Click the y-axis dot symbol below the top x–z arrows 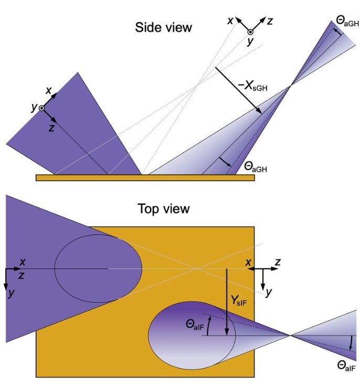pos(250,33)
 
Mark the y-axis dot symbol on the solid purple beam pos(41,108)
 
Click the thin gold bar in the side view pos(145,177)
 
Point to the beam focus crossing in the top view pos(290,335)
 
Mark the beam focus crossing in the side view pos(290,87)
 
